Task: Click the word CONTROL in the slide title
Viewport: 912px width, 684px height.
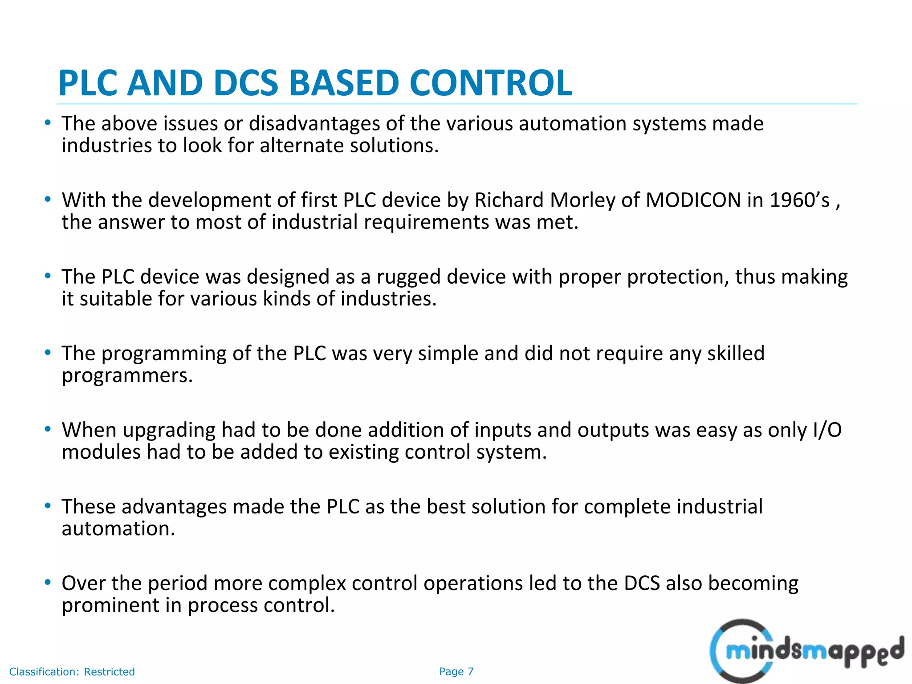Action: (490, 83)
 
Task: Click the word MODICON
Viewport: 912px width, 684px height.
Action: (693, 200)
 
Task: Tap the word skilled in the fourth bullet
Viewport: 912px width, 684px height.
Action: (736, 354)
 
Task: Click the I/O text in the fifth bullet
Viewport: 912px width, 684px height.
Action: (827, 430)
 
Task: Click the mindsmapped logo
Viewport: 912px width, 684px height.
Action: (806, 651)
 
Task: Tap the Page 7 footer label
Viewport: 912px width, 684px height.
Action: (456, 672)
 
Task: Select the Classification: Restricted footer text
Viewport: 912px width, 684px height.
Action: (72, 672)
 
